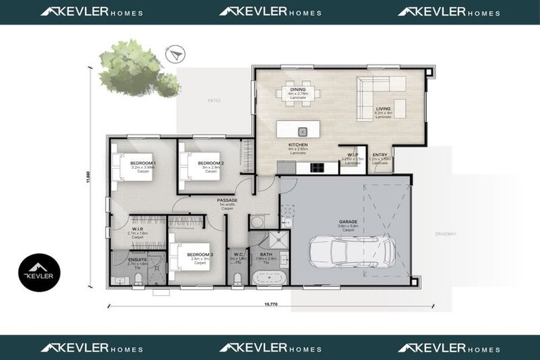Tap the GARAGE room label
[x=348, y=221]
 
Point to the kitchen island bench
[x=298, y=130]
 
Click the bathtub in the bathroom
[x=269, y=278]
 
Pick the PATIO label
[x=214, y=101]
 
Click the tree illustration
[x=136, y=69]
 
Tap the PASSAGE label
[x=227, y=200]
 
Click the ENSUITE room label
[x=138, y=259]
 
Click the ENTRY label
[x=380, y=155]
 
